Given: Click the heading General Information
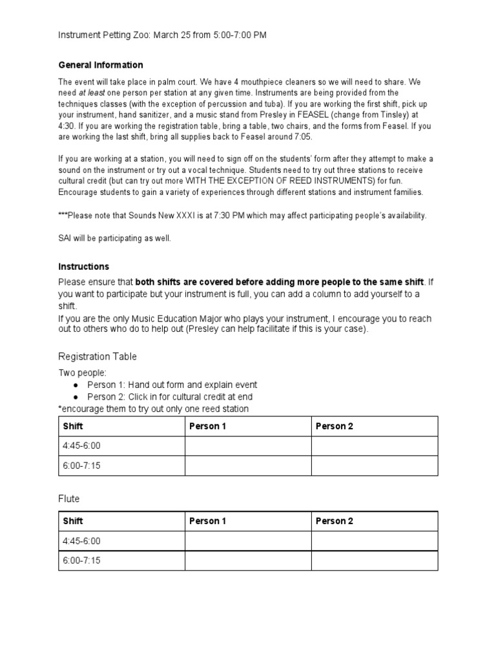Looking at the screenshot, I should click(x=101, y=65).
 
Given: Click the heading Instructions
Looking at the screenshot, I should click(x=83, y=267).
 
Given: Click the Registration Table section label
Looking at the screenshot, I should click(x=98, y=356).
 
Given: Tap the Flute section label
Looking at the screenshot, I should click(x=68, y=499).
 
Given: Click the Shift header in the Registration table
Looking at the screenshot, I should click(x=73, y=427).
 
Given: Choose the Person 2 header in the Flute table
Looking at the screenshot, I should click(x=335, y=522).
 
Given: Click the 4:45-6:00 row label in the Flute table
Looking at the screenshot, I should click(x=82, y=541).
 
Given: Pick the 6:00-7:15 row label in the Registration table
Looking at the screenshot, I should click(x=82, y=465).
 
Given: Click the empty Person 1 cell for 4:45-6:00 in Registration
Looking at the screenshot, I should click(x=248, y=446).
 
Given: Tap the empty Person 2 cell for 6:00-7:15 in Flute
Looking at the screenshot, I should click(x=375, y=560).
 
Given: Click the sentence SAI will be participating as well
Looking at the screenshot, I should click(x=115, y=238).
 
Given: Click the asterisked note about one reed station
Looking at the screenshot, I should click(x=153, y=409).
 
